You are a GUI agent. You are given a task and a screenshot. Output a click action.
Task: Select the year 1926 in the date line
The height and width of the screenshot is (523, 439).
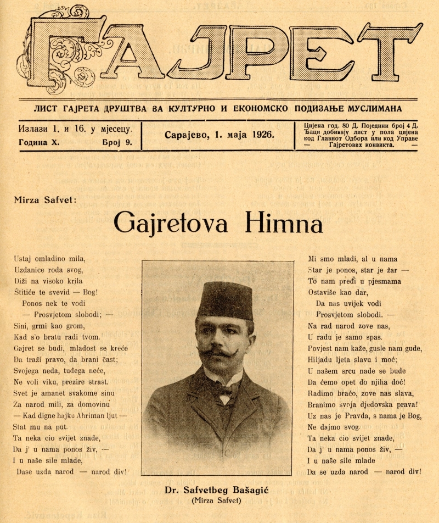[x=262, y=135]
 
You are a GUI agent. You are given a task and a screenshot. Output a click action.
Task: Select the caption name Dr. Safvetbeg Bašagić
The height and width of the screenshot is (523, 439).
[x=217, y=491]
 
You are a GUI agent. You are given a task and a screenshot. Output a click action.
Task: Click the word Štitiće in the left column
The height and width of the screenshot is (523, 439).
[x=26, y=292]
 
